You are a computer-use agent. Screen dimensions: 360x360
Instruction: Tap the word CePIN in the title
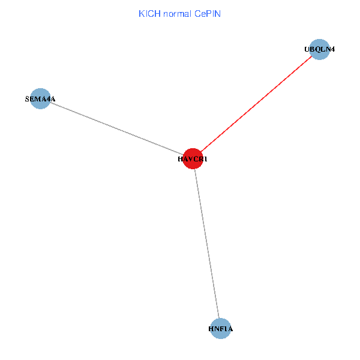(x=208, y=13)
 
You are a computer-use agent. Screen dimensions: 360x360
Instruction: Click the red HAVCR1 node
(x=193, y=158)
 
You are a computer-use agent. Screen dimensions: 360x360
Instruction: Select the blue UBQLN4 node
(x=320, y=50)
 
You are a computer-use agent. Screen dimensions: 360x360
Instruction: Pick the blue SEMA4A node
(x=40, y=98)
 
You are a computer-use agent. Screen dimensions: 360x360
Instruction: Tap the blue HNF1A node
(x=221, y=329)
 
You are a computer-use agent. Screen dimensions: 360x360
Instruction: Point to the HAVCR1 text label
(x=193, y=160)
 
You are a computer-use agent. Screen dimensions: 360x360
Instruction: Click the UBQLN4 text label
(x=320, y=50)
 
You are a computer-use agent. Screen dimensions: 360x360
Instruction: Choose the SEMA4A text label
(x=40, y=98)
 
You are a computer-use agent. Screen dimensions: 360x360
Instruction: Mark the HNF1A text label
(x=221, y=329)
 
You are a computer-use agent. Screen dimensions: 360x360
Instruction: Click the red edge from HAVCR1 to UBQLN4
(x=256, y=104)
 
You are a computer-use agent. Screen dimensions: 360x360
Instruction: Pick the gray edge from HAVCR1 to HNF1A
(x=207, y=244)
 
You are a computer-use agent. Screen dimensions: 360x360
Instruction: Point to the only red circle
(x=193, y=158)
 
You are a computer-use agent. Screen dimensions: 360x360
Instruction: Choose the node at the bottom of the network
(x=221, y=329)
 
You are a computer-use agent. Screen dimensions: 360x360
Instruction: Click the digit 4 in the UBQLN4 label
(x=332, y=50)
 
